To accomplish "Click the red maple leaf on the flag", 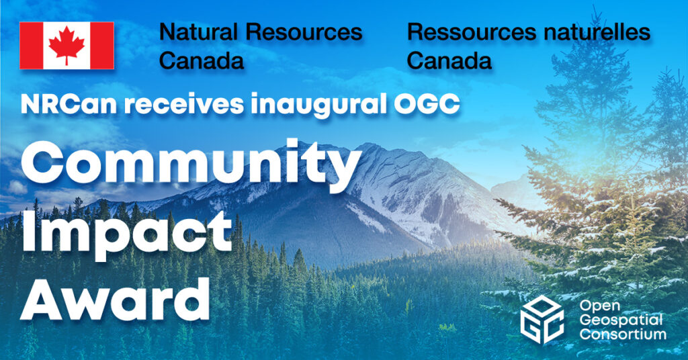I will [x=67, y=46].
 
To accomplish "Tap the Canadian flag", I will [x=67, y=46].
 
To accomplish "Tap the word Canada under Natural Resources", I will [x=201, y=61].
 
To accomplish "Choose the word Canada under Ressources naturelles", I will [x=449, y=61].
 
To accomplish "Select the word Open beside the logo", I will [x=595, y=306].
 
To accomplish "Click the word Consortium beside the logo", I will [x=624, y=334].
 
